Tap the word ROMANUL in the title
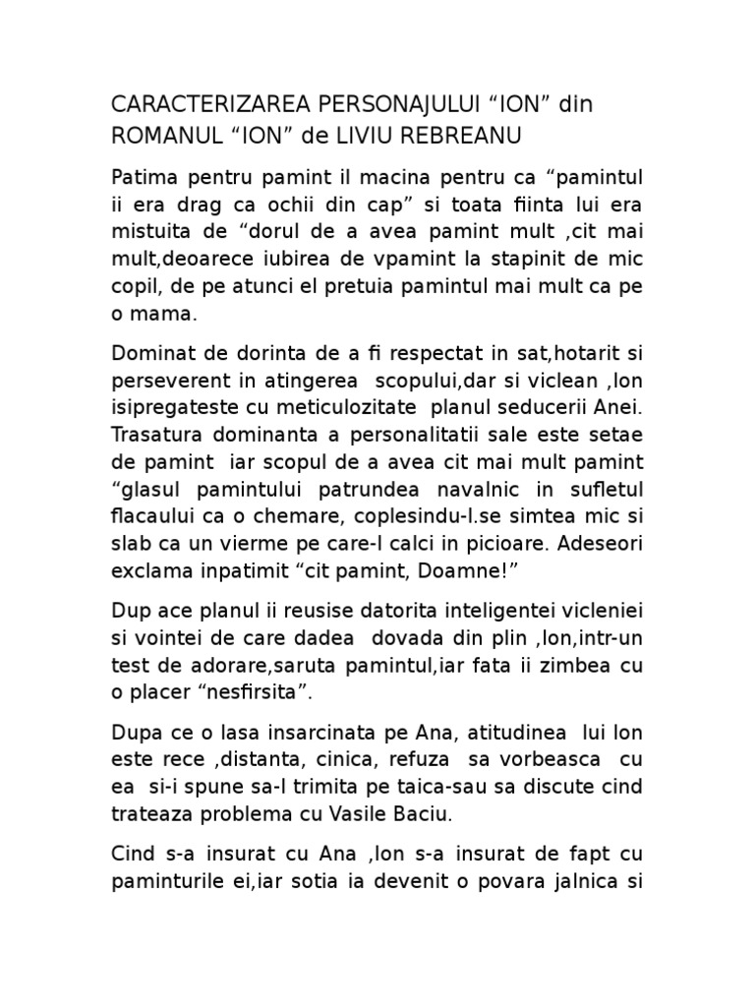point(162,134)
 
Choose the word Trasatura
point(154,435)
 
